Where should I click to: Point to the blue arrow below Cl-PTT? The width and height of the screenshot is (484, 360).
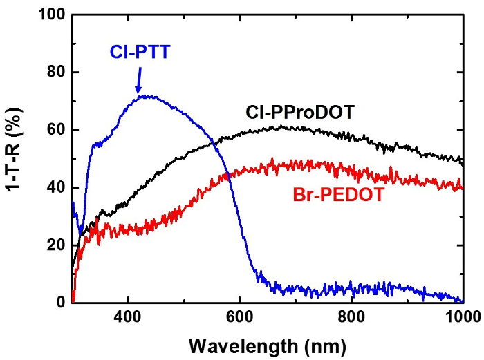click(x=138, y=79)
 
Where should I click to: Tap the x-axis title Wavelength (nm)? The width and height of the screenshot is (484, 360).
click(x=267, y=343)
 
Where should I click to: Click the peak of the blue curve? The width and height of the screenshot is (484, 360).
click(x=147, y=96)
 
